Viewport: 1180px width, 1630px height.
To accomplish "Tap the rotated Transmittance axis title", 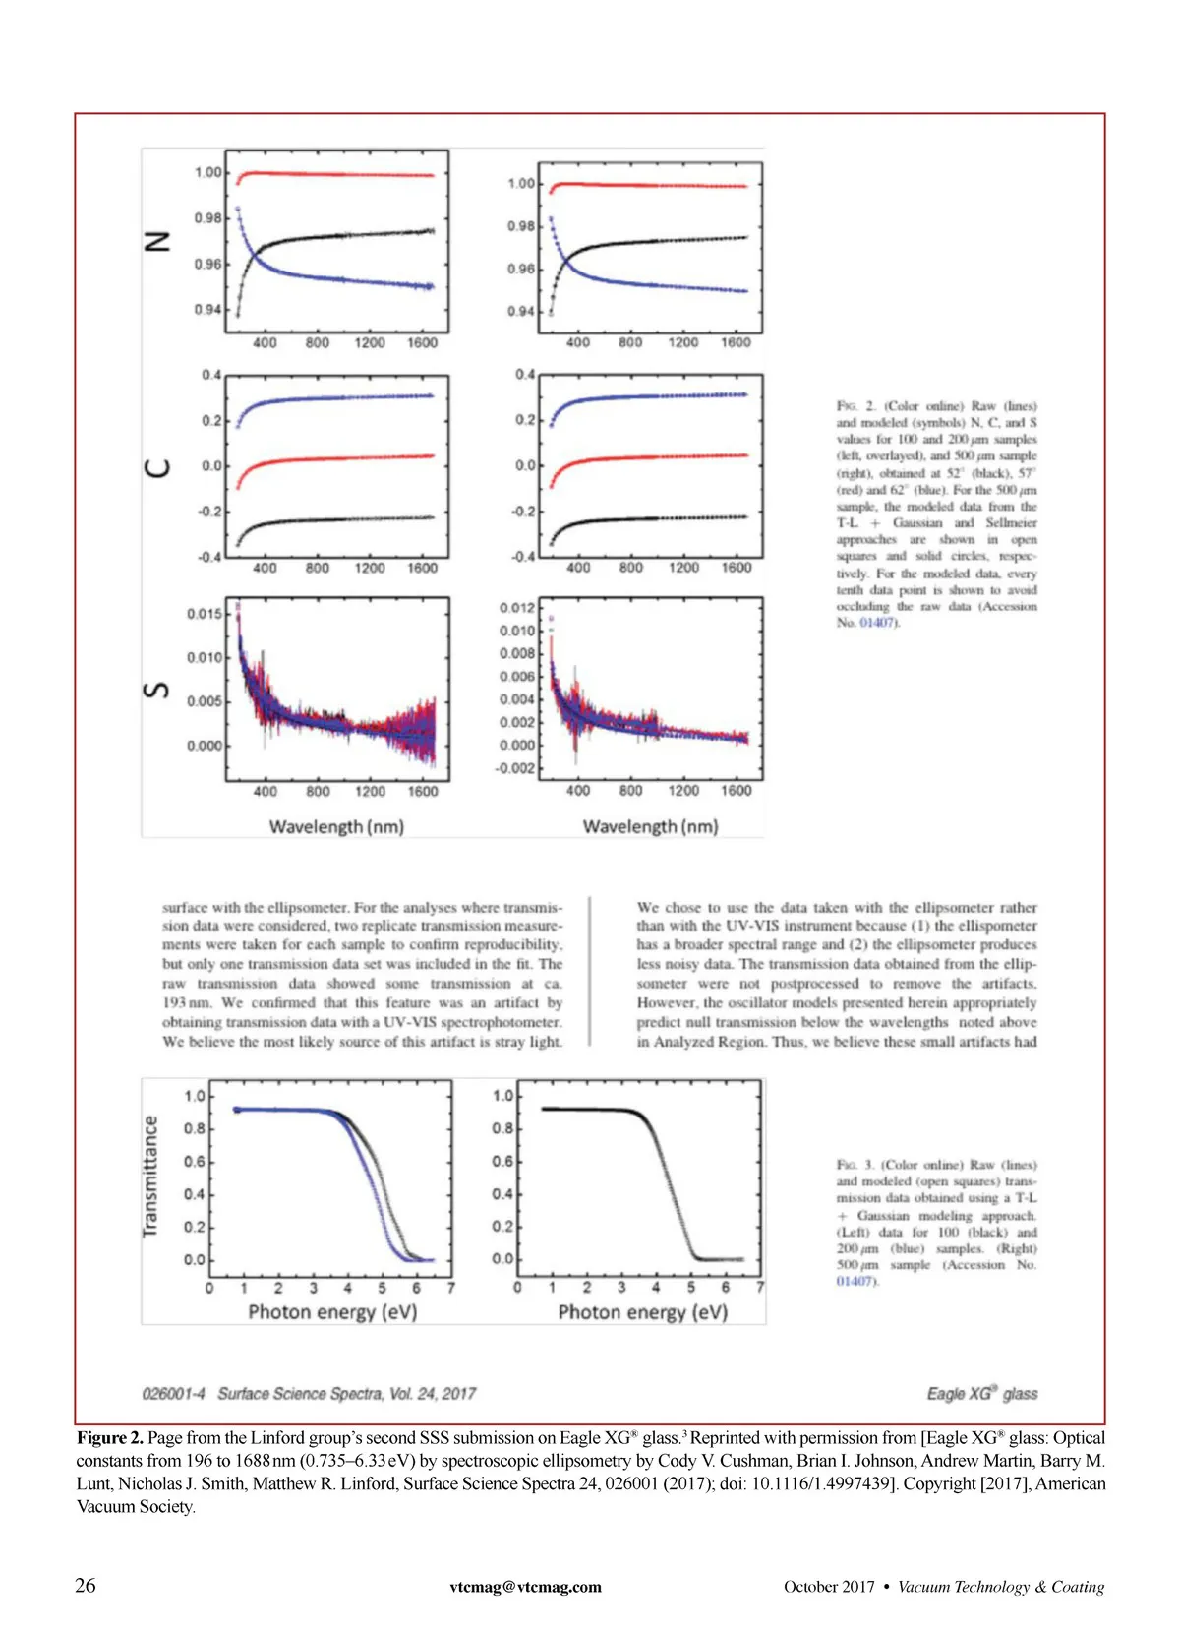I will [x=150, y=1176].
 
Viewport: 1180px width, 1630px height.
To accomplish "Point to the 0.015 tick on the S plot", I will [x=205, y=614].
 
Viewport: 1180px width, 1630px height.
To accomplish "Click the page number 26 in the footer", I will [x=86, y=1585].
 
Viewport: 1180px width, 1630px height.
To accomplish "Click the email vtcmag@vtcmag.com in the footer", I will [x=525, y=1586].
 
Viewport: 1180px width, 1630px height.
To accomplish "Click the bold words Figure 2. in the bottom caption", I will [x=110, y=1438].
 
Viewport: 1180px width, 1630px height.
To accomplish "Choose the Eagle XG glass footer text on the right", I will [x=981, y=1394].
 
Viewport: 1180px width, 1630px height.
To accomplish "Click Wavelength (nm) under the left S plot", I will [x=336, y=827].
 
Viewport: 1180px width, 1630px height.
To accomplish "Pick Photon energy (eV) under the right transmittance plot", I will [x=642, y=1312].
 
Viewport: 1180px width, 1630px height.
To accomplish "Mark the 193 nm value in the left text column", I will [x=187, y=1003].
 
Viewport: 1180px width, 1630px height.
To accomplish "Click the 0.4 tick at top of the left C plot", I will [x=210, y=375].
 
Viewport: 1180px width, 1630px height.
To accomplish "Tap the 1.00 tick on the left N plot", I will [x=207, y=172].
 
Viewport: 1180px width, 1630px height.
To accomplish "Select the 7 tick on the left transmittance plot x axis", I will [x=450, y=1288].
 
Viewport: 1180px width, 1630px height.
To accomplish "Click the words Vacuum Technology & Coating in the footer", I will [x=1000, y=1586].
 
